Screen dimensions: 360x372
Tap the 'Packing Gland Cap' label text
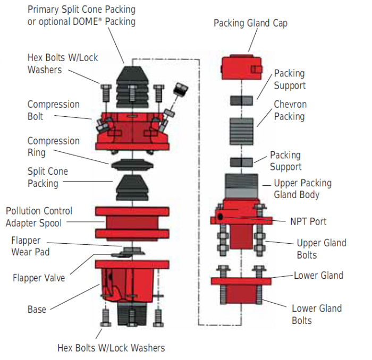pos(251,23)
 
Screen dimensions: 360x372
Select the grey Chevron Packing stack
pos(241,131)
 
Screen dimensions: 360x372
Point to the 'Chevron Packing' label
pos(290,110)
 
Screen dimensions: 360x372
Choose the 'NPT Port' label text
pos(308,221)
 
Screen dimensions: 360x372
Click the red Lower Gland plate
pos(241,281)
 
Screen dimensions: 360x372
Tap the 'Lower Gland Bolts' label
pos(317,314)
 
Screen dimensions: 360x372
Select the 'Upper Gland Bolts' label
pos(321,248)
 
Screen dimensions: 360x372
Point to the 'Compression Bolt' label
pos(53,110)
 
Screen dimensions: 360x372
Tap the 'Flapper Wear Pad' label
pos(31,246)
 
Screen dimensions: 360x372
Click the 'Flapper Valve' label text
pos(39,277)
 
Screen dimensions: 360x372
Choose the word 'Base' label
pos(37,309)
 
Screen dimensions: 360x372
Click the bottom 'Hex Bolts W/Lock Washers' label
pos(111,348)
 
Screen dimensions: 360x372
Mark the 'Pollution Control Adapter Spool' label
pos(39,217)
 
